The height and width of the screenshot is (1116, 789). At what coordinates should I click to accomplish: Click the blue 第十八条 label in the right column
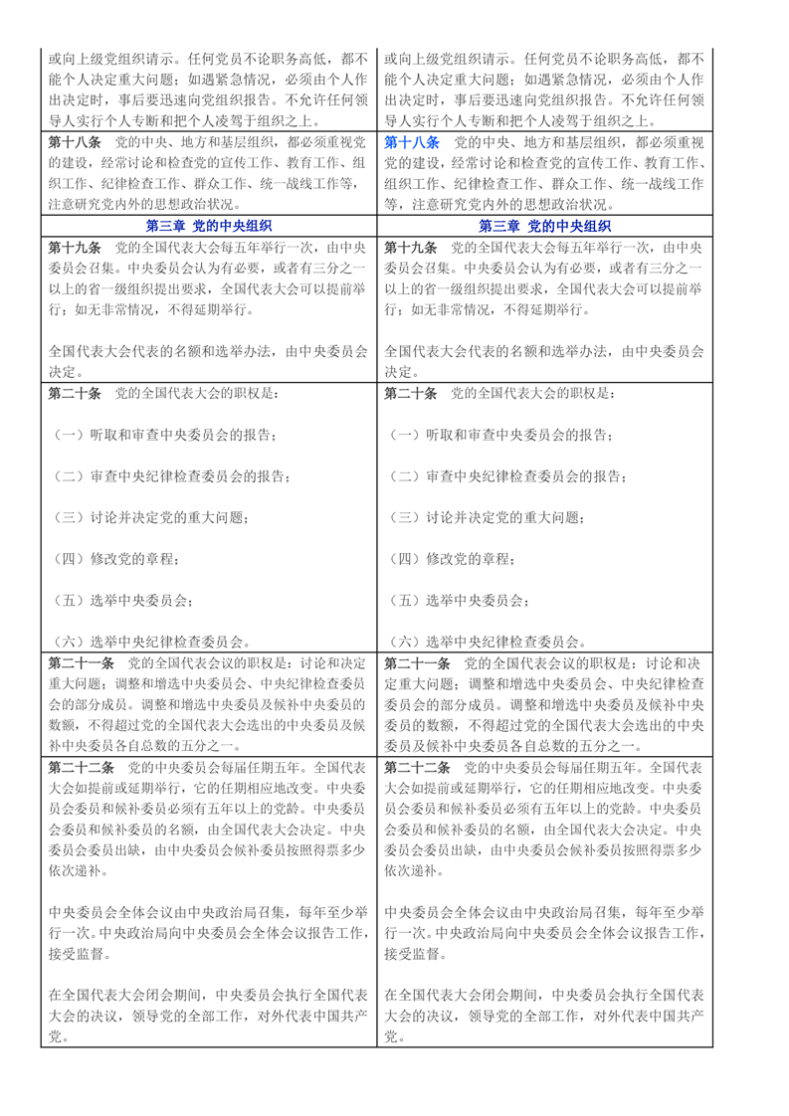(410, 142)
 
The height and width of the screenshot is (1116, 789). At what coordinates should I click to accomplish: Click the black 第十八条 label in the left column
(75, 142)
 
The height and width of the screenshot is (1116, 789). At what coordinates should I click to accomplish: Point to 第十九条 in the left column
(75, 247)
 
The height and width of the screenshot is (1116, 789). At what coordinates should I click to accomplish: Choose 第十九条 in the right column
(410, 247)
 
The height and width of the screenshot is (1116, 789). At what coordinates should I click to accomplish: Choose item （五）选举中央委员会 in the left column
(120, 601)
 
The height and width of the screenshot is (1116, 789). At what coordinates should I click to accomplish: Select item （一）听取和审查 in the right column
(497, 436)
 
